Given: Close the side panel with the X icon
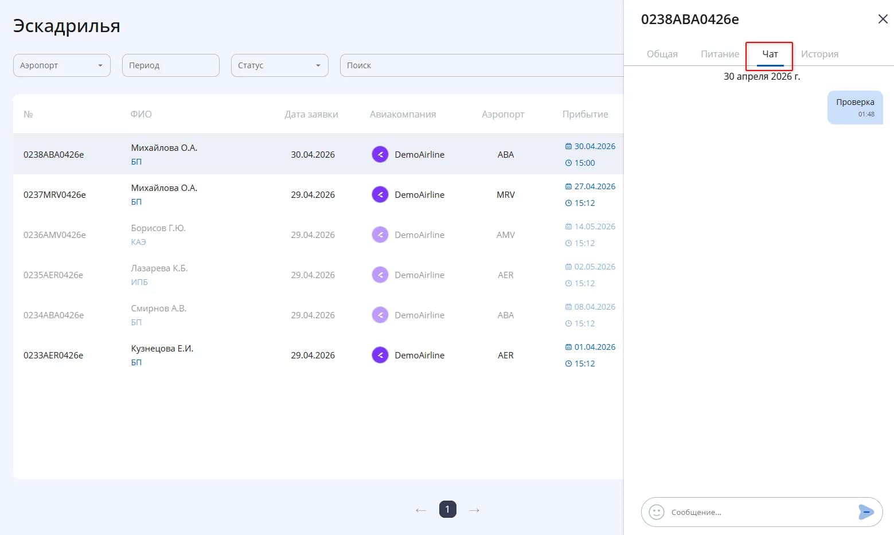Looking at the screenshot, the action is coord(883,19).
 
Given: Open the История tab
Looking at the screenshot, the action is coord(819,54).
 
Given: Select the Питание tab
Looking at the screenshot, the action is coord(720,54).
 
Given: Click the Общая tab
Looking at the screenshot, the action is coord(662,54).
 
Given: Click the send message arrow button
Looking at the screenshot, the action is coord(866,512).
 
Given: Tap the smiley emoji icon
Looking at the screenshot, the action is coord(656,512).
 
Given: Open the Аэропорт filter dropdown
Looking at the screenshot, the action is coord(62,65).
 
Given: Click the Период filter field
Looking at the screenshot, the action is coord(171,65).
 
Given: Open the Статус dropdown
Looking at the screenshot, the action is coord(280,65).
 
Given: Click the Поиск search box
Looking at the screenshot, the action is coord(481,65).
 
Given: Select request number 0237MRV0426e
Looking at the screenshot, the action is coord(54,195).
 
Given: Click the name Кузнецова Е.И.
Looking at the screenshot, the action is coord(162,348).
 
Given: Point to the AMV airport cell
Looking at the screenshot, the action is coord(505,235).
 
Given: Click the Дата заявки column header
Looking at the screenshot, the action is coord(311,115).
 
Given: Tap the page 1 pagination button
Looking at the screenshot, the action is coord(447,509).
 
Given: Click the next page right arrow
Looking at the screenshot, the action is coord(474,510).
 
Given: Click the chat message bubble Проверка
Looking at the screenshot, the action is coord(855,107).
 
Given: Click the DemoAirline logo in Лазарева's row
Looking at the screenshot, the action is coord(380,275).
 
